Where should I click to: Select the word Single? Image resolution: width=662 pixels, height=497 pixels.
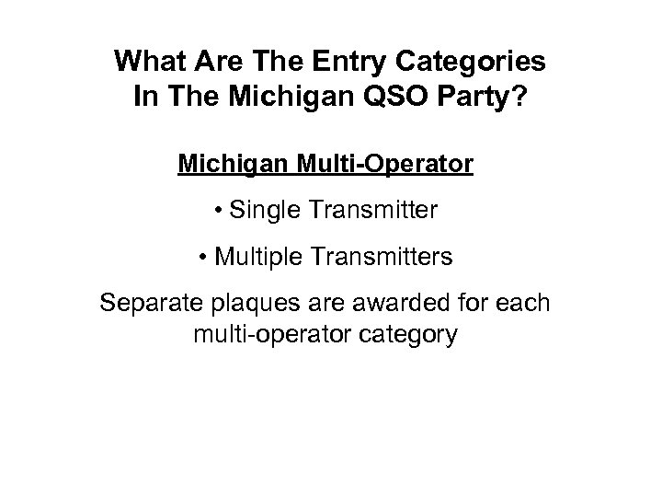(x=266, y=211)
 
